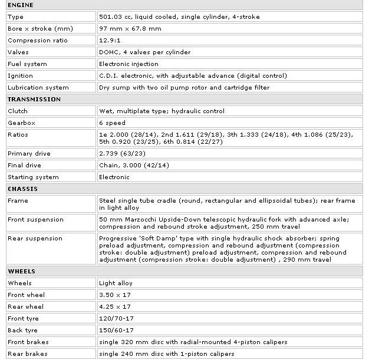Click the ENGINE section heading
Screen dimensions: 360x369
click(21, 5)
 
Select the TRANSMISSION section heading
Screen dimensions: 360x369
click(34, 99)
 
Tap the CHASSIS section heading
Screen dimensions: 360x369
click(23, 189)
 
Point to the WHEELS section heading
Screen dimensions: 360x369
click(21, 271)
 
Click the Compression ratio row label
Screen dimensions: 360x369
click(37, 40)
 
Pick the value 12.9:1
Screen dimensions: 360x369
click(111, 40)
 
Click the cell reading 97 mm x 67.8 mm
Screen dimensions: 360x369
click(130, 28)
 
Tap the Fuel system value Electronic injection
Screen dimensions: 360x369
click(129, 64)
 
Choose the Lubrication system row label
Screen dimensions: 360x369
click(38, 87)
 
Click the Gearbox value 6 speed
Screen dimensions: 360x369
click(112, 123)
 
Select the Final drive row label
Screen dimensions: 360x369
click(24, 165)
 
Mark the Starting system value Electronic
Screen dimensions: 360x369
click(114, 177)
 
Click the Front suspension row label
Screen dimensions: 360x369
click(35, 219)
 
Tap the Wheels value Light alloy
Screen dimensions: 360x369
click(116, 283)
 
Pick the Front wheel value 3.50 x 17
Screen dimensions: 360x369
click(116, 295)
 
